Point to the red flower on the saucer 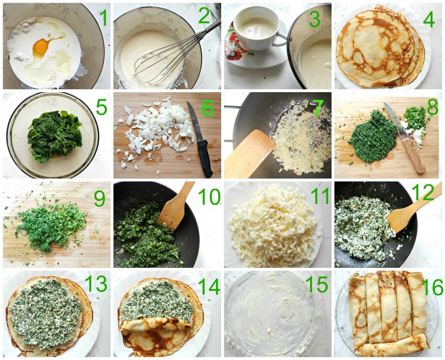[233, 45]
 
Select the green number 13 [96, 283]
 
